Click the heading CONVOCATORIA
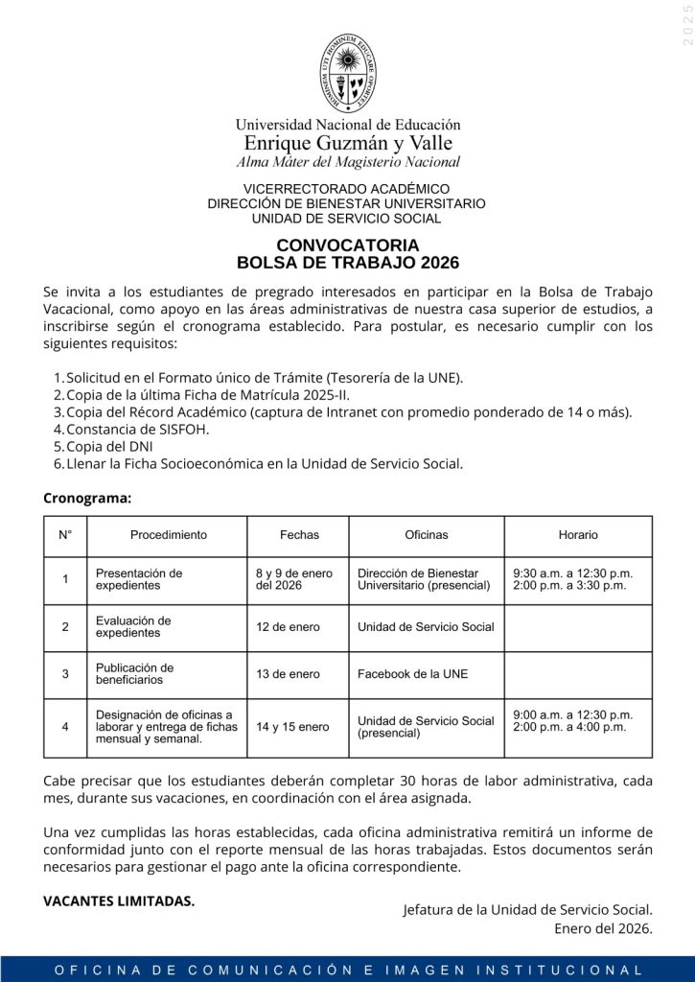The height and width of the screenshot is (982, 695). [347, 245]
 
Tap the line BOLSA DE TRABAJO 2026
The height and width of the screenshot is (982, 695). [347, 263]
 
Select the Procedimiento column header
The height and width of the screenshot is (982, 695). [168, 535]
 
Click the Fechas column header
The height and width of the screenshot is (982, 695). [299, 535]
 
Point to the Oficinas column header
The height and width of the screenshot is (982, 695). [426, 535]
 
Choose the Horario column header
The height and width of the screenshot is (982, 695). [578, 535]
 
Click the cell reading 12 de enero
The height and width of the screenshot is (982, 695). [288, 627]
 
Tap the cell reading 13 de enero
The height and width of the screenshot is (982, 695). [288, 674]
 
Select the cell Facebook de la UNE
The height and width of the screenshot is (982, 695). [412, 674]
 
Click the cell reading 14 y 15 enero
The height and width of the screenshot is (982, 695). [291, 727]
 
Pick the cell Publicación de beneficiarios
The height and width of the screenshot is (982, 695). [134, 674]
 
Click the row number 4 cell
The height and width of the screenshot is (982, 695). [65, 727]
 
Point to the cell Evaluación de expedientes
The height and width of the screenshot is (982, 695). [133, 627]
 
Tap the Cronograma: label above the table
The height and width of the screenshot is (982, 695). [87, 498]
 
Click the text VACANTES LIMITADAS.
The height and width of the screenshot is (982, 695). [119, 900]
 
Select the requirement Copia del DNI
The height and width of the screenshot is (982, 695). [109, 446]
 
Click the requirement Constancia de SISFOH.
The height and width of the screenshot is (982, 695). [137, 429]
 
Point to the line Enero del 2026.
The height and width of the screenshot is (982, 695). [603, 927]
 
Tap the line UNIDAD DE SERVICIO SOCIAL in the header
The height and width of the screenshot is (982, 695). [347, 219]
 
